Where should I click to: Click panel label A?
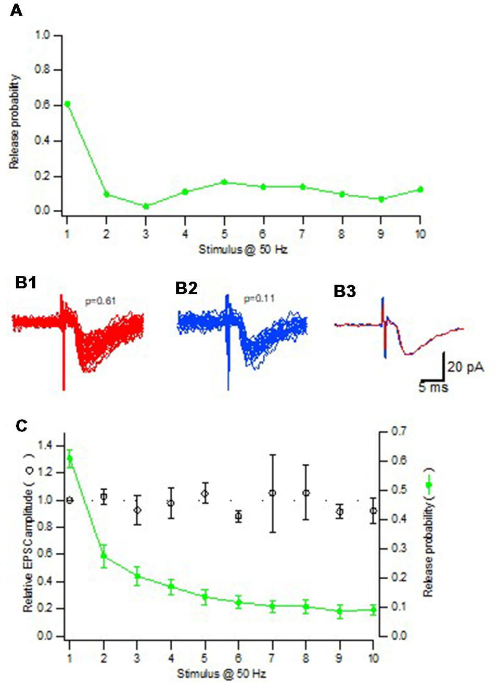tap(16, 10)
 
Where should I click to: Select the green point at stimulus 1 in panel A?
tap(67, 104)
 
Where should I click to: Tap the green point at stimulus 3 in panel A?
tap(146, 206)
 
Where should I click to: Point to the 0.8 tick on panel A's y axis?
tap(42, 70)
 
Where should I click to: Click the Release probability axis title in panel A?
tap(14, 122)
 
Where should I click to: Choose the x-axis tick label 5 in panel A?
tap(224, 234)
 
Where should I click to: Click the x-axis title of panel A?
tap(243, 250)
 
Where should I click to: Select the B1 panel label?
tap(25, 283)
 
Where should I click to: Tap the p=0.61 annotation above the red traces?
tap(100, 301)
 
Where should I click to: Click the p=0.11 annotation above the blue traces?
tap(259, 299)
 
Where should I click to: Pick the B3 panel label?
tap(344, 291)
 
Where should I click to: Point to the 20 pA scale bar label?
tap(465, 367)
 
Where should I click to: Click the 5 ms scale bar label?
tap(433, 388)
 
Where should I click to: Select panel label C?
tap(21, 426)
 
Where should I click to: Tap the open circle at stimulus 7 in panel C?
tap(272, 493)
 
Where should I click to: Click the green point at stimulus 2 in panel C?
tap(104, 556)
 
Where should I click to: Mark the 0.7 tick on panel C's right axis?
tap(399, 431)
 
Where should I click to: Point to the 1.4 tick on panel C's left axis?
tap(45, 446)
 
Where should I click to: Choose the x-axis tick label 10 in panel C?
tap(373, 658)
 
